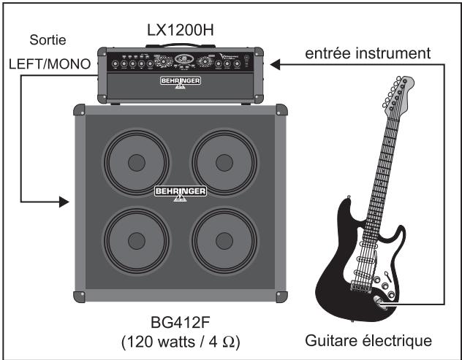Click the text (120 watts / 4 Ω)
pos(180,340)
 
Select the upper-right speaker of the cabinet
pos(223,161)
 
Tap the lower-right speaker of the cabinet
pos(223,241)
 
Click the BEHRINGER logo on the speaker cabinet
pos(180,192)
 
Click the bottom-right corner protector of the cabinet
pos(279,296)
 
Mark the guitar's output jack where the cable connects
pos(378,299)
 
